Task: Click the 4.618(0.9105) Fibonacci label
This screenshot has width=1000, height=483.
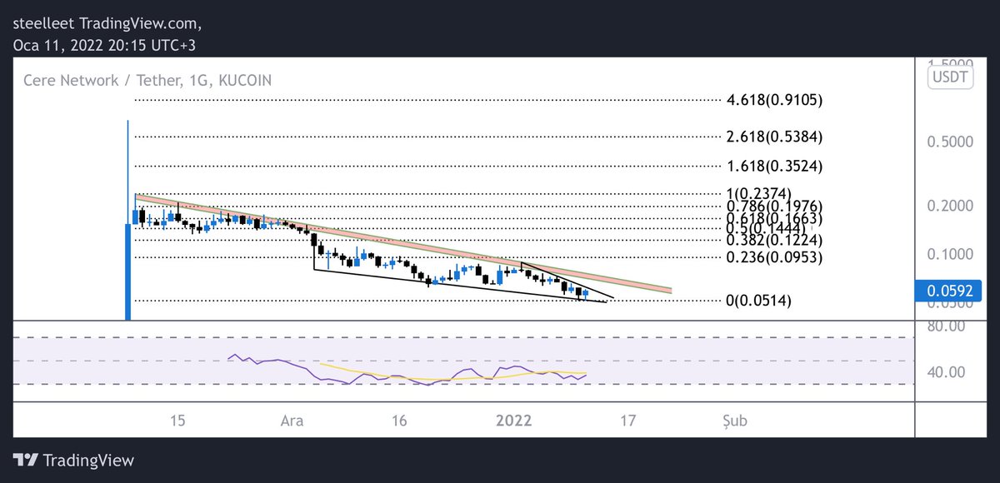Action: (774, 101)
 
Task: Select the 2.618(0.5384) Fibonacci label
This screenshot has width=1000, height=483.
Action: (774, 137)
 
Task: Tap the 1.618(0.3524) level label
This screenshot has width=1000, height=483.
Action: (774, 166)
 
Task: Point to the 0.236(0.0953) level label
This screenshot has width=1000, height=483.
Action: (774, 257)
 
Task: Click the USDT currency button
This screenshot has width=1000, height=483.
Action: (949, 77)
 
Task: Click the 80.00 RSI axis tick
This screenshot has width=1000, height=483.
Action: (945, 326)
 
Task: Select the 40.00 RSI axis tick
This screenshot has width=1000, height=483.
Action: (945, 371)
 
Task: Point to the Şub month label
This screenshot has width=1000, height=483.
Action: (734, 421)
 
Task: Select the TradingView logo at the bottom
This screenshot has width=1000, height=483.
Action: (74, 460)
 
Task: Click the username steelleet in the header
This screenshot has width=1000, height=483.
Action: (46, 21)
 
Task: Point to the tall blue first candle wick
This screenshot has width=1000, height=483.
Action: (128, 167)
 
